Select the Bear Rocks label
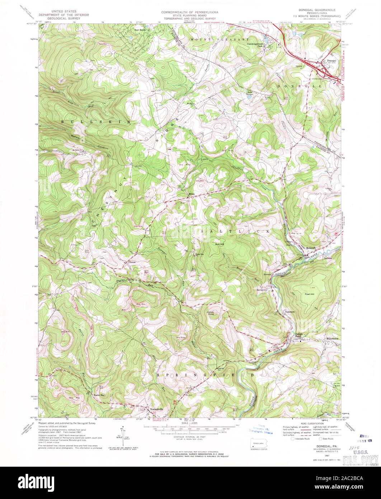tap(140, 30)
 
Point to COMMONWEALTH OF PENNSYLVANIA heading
tap(190, 11)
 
